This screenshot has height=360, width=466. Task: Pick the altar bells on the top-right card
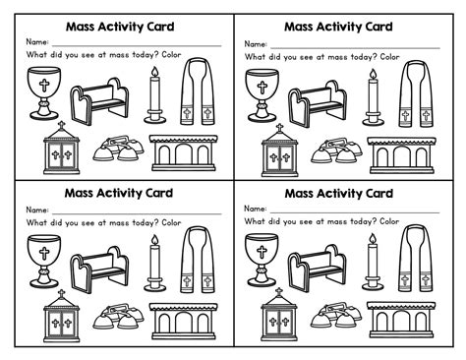(330, 150)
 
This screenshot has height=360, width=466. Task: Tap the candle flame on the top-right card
(372, 76)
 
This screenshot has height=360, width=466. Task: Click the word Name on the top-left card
(37, 44)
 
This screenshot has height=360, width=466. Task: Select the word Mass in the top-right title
(300, 27)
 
